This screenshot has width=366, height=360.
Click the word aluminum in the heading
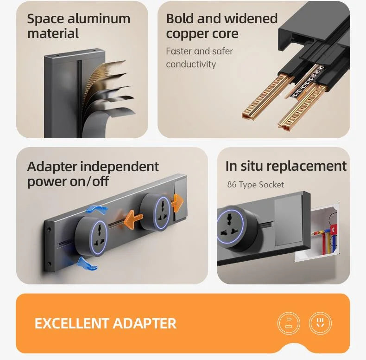pos(99,19)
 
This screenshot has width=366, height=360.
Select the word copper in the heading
pos(190,34)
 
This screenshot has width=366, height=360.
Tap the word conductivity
pos(191,64)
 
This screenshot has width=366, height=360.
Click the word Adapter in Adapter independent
pos(52,167)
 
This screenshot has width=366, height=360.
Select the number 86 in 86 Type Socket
pos(232,185)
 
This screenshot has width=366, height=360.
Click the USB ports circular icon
pos(289,323)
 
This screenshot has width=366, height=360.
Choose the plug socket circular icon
pos(320,323)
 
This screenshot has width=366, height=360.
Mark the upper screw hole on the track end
pos(49,229)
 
